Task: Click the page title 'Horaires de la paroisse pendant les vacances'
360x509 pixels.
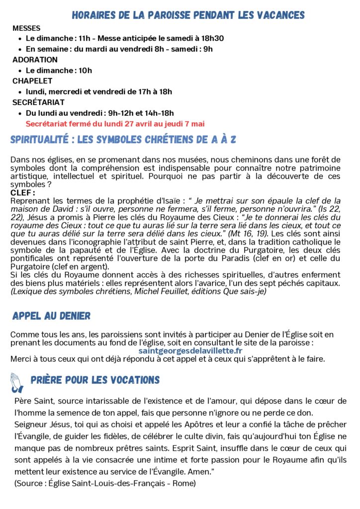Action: point(188,15)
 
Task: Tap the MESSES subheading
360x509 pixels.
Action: point(26,28)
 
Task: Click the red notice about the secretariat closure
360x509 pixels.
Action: point(115,123)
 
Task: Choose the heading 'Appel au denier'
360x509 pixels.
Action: point(51,316)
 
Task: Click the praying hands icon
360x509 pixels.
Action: point(18,381)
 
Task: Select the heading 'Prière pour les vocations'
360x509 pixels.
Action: point(95,380)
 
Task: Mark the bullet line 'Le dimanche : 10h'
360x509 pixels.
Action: point(59,70)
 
